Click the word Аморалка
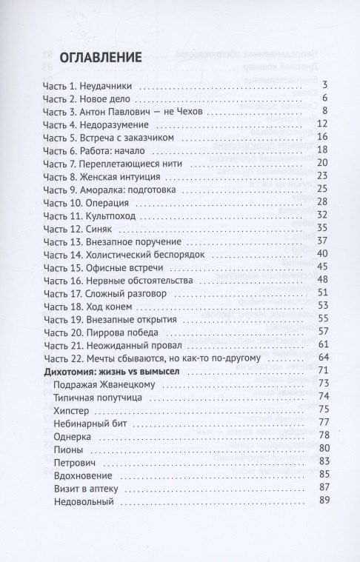104,188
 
